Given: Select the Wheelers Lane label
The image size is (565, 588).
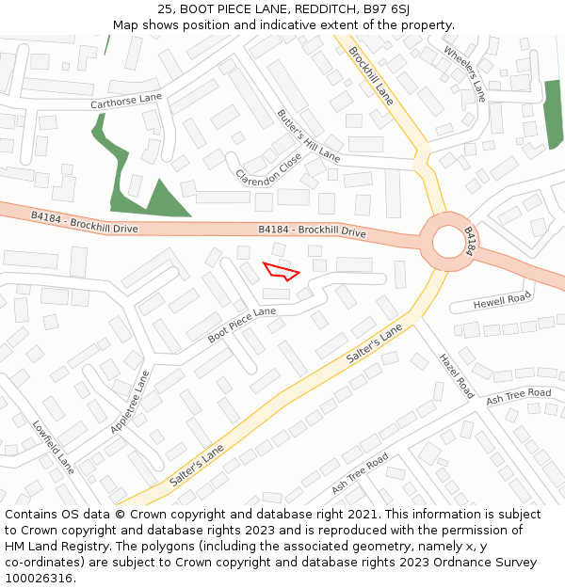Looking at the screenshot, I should pos(464,73).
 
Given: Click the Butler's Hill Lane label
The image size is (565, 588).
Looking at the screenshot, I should pos(309,134).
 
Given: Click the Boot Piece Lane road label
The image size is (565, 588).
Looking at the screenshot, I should pos(242,324).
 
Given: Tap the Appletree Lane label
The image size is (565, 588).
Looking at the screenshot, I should pos(130,402).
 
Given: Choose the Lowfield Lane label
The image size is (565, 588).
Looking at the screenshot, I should pos(53,446).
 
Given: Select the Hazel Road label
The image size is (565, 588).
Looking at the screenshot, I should pos(456,375).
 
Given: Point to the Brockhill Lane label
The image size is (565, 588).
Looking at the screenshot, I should pos(371,74).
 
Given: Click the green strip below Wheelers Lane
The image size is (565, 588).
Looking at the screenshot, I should pos(553,113).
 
